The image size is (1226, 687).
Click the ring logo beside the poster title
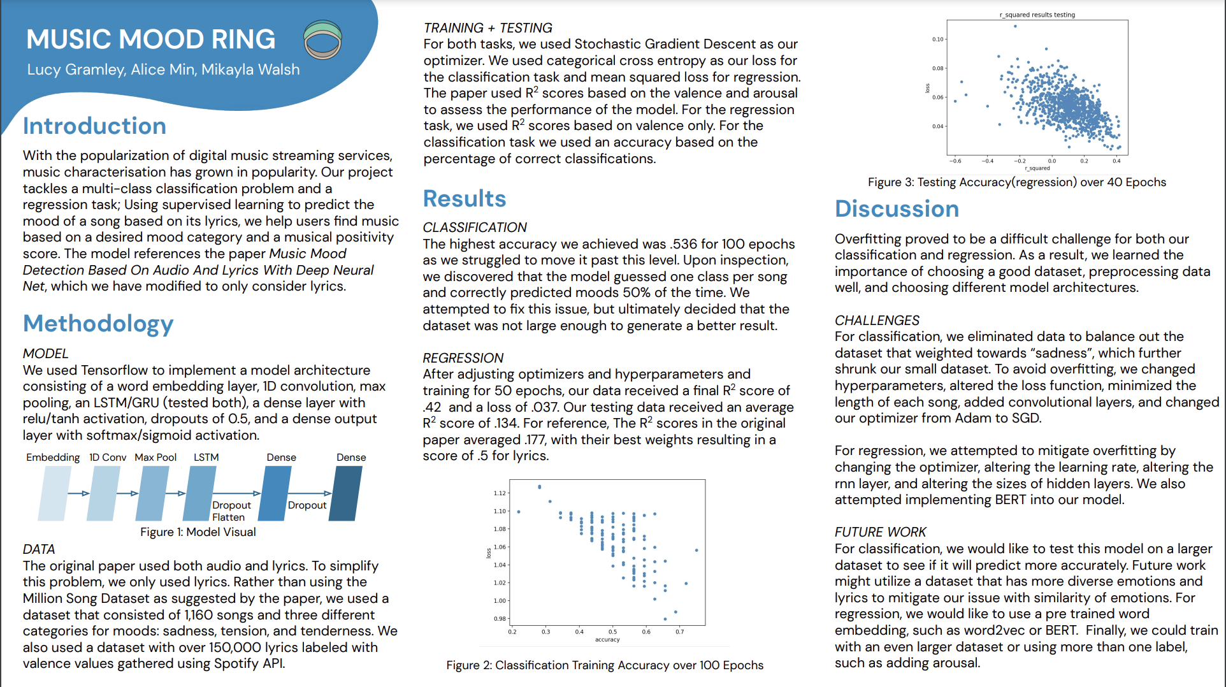click(x=322, y=40)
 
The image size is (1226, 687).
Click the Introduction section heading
click(x=94, y=126)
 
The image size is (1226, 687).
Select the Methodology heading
click(x=98, y=324)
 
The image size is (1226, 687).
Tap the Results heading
click(x=465, y=199)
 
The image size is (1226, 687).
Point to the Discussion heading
click(x=897, y=209)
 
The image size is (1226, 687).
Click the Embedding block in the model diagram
click(x=54, y=493)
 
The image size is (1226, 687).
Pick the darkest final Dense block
click(x=345, y=493)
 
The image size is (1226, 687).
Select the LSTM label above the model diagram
click(x=206, y=458)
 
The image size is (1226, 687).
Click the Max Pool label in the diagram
click(x=155, y=458)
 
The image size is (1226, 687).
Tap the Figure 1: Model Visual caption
click(x=198, y=532)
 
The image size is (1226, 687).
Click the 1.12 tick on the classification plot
click(x=500, y=493)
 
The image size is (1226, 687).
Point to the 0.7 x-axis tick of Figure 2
click(x=680, y=632)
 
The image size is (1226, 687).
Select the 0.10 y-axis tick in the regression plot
click(x=938, y=40)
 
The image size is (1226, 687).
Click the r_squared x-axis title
click(x=1037, y=168)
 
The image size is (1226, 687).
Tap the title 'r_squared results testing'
click(x=1037, y=15)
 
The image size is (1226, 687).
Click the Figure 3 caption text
click(x=1016, y=182)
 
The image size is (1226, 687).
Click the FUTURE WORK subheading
click(x=880, y=532)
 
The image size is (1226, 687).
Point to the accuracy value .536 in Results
click(x=683, y=244)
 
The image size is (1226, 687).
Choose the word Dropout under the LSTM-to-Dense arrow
click(x=231, y=505)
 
